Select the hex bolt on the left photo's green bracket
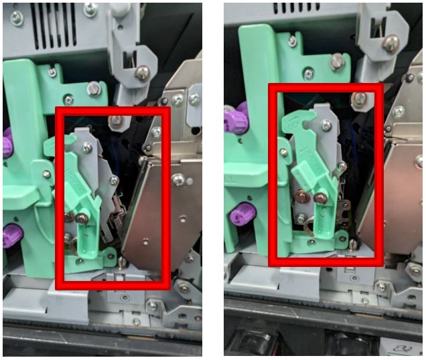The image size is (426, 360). coord(94,88)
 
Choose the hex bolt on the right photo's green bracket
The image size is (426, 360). coord(337,62)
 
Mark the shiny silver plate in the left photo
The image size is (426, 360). coord(157,214)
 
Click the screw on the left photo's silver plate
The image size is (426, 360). coord(178,179)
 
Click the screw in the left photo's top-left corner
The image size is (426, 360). coord(17,17)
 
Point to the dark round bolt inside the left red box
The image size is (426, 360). coord(81,217)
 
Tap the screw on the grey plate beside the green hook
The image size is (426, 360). coord(326,124)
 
